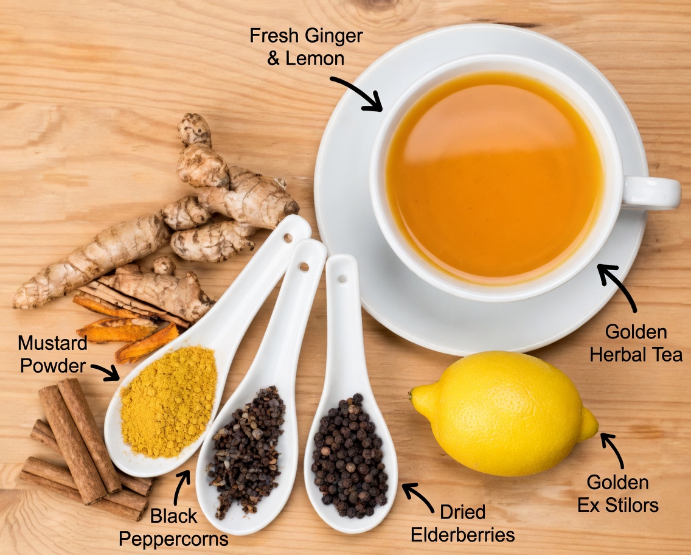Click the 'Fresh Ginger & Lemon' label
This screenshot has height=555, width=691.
point(306,46)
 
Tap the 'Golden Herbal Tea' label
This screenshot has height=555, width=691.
point(636,343)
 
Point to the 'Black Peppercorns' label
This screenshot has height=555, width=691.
point(174,527)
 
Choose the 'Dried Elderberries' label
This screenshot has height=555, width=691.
point(463,523)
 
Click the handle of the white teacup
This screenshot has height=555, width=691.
point(654,192)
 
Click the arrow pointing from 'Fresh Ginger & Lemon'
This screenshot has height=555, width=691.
point(358,93)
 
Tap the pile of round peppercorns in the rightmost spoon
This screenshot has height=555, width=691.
point(350,453)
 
